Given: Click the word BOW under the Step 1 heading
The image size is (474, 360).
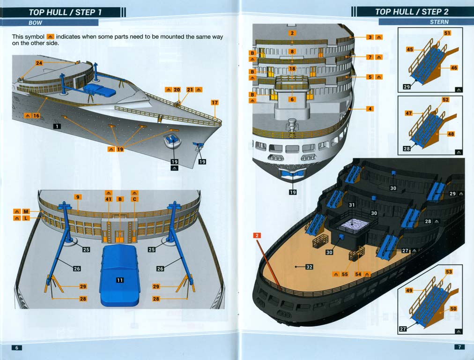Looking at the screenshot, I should (36, 22).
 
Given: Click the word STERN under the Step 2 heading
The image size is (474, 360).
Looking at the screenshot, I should (439, 22).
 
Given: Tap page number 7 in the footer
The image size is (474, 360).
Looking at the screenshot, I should (459, 347).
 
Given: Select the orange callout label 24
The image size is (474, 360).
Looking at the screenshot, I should (38, 63).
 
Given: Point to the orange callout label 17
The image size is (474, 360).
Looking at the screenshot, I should (215, 103).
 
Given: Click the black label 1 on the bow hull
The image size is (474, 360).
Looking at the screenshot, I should (57, 126).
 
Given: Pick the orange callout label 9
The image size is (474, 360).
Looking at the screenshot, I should (78, 197).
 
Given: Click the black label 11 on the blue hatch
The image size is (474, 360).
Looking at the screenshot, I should (120, 280).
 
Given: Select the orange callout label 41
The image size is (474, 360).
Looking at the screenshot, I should (109, 199).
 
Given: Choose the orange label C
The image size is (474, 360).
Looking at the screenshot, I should (135, 199).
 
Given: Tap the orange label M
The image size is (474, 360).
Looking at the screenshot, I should (26, 212).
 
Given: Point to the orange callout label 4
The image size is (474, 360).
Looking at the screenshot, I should (370, 109).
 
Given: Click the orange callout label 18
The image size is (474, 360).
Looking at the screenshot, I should (292, 69).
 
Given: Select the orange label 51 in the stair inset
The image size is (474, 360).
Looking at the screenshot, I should (447, 33).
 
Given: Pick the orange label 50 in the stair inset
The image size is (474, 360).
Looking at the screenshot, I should (453, 309).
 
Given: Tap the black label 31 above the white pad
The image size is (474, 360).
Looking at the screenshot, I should (352, 205).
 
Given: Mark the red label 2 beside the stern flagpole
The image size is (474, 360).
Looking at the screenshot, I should (257, 235).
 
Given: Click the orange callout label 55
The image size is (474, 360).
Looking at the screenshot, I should (345, 274).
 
